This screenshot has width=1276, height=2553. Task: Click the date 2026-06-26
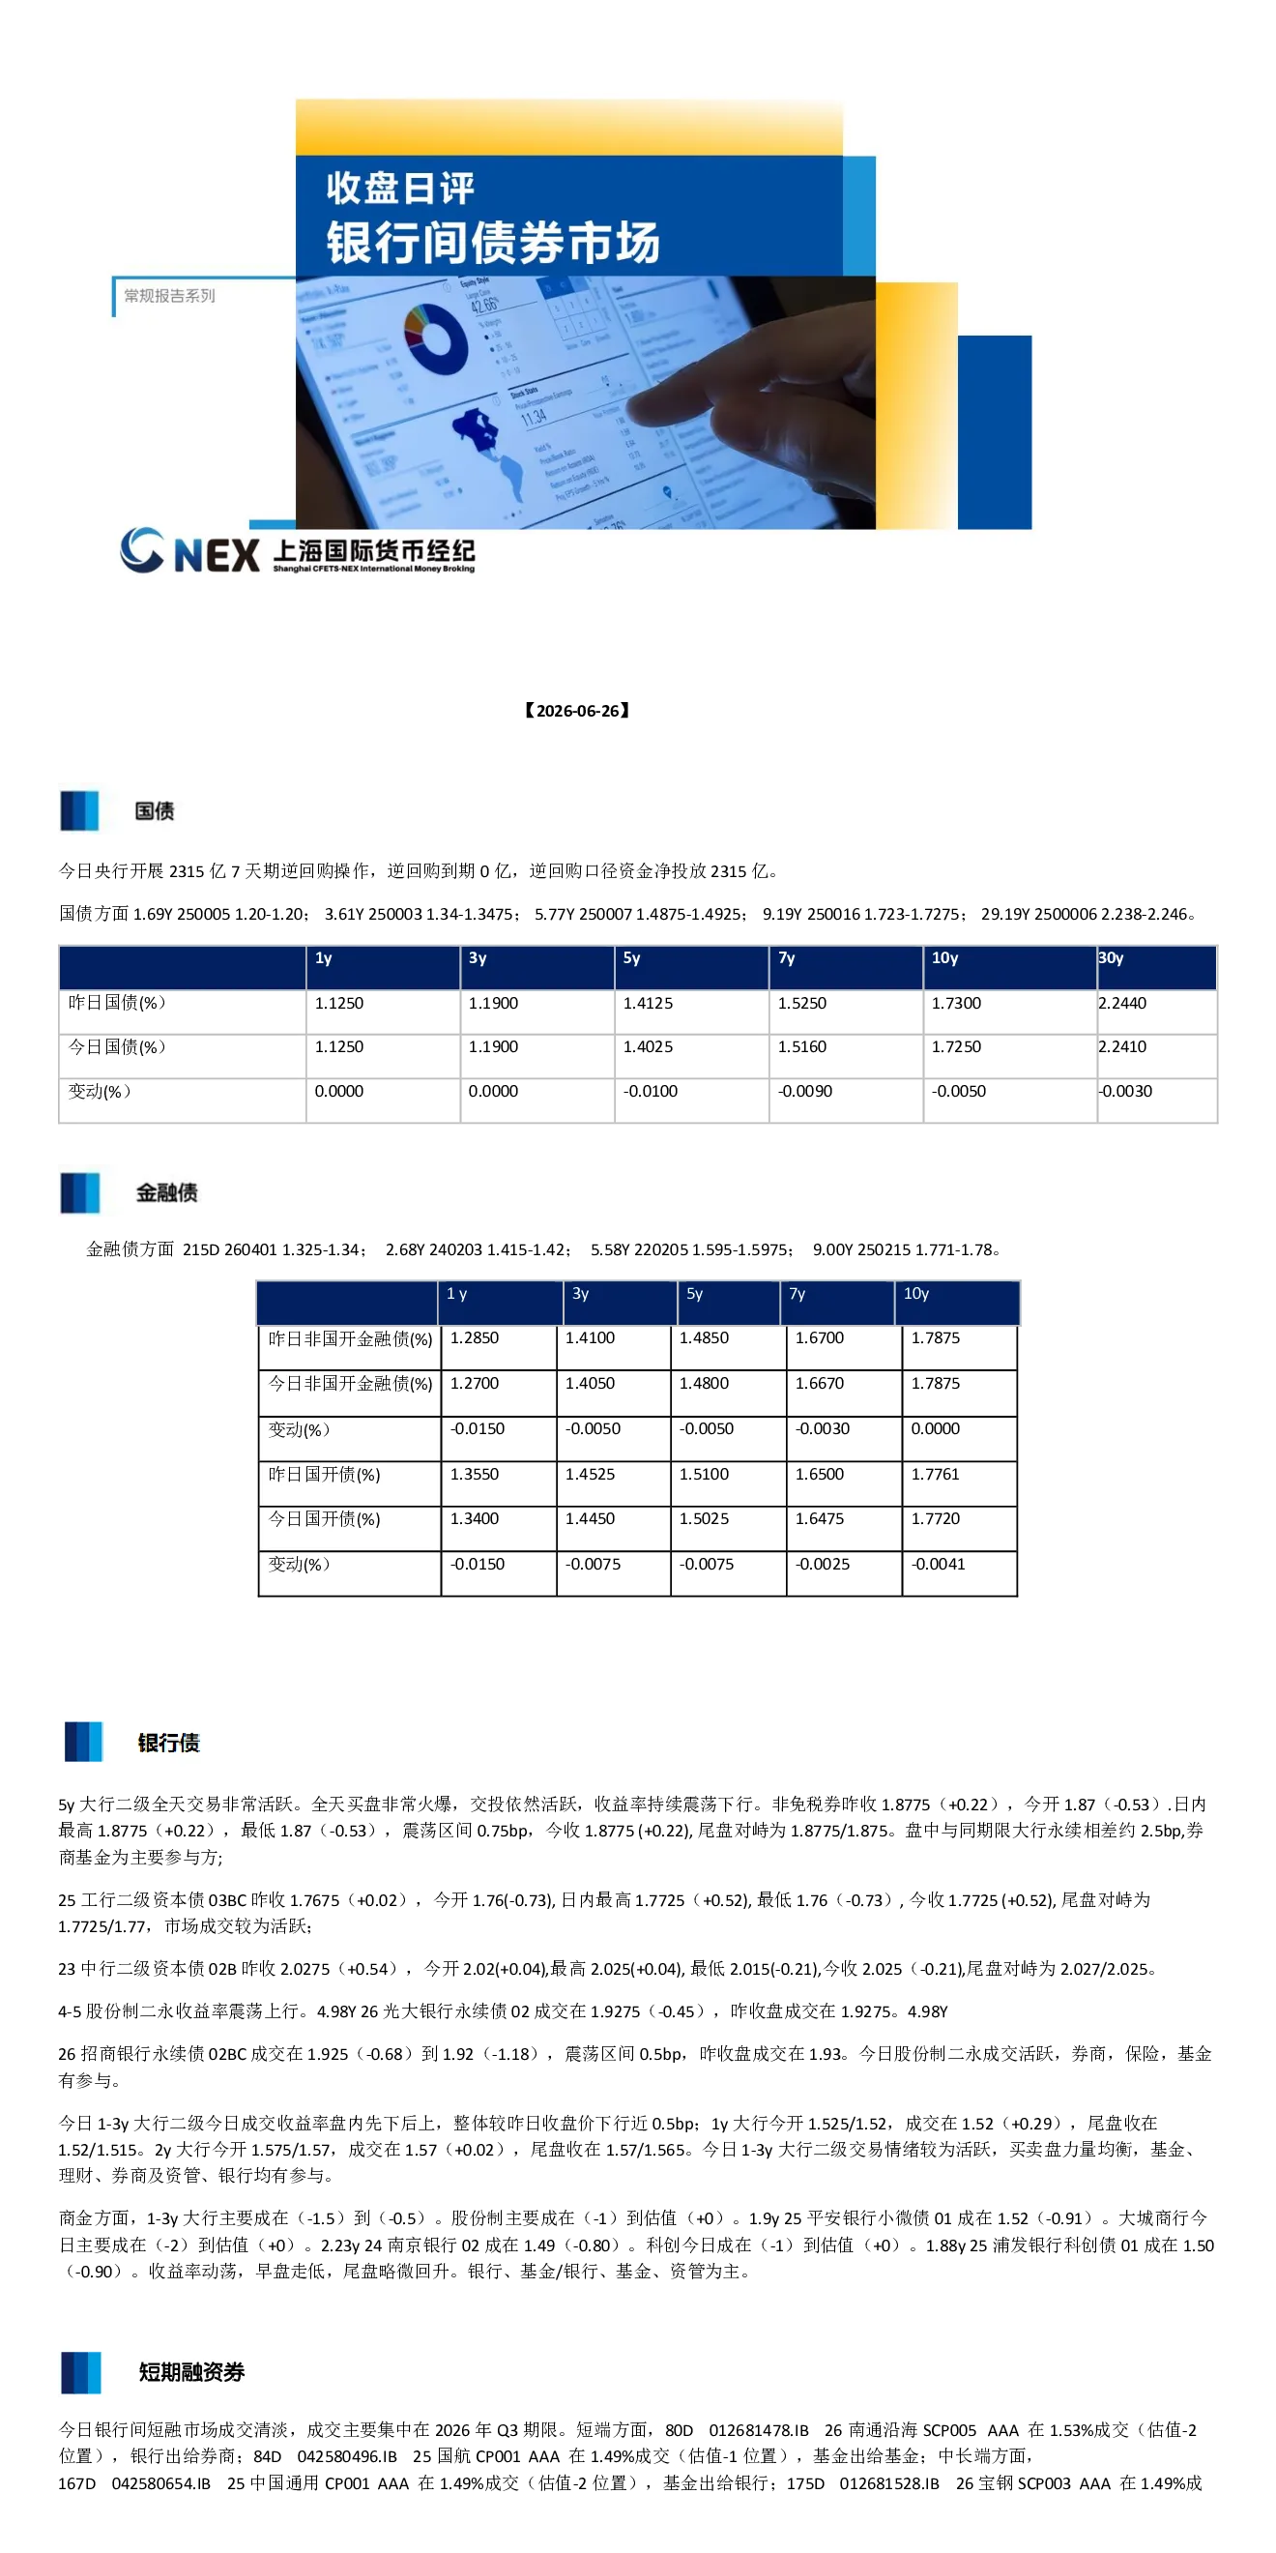tap(577, 711)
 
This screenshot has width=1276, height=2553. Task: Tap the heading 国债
tap(155, 810)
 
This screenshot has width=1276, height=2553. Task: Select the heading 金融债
tap(166, 1192)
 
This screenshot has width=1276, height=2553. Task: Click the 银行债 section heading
tap(168, 1743)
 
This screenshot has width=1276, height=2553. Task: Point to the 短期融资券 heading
tap(191, 2371)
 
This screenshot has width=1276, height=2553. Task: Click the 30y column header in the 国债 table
tap(1111, 958)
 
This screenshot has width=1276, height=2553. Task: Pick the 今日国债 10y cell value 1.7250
tap(956, 1046)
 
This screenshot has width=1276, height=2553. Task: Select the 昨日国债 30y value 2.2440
tap(1122, 1003)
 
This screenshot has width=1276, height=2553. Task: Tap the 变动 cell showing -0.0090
tap(804, 1091)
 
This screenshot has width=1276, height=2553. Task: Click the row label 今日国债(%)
tap(117, 1046)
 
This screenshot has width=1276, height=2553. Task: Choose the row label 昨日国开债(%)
tap(324, 1475)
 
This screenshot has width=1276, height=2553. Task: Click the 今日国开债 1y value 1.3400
tap(475, 1518)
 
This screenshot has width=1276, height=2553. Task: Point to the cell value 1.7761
tap(936, 1474)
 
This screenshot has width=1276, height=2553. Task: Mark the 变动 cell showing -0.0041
tap(939, 1564)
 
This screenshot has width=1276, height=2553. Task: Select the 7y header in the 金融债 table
tap(797, 1293)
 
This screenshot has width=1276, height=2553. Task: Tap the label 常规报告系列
tap(169, 295)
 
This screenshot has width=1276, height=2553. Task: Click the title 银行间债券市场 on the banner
tap(493, 243)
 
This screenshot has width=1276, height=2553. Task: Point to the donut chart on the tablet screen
tap(436, 337)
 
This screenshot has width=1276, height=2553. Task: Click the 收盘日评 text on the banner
tap(400, 188)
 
